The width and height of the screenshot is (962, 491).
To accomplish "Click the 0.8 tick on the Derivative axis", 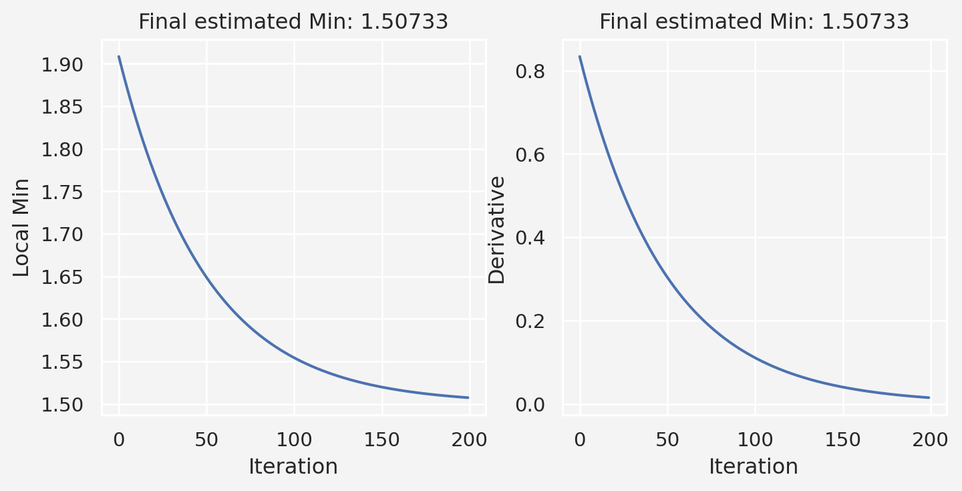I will coord(530,71).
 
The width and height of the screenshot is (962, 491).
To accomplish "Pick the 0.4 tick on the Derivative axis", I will coord(530,238).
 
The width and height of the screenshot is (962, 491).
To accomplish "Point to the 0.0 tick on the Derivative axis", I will coord(530,405).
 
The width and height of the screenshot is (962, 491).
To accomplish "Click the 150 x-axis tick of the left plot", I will coord(382,440).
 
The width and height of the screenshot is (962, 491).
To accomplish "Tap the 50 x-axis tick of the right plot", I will coord(667,440).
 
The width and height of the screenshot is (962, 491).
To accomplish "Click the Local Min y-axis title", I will coord(22,227).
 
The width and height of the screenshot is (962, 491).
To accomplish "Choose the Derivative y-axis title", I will coord(496,229).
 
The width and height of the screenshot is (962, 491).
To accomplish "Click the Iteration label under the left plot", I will coord(293,466).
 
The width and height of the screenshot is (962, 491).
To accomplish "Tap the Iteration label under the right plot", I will coord(754,466).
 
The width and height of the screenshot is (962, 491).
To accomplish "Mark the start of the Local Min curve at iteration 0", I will coord(119,56).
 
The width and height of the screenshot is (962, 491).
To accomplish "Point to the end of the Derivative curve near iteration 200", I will coord(929,397).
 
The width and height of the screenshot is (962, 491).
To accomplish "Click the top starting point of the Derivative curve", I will coord(579,56).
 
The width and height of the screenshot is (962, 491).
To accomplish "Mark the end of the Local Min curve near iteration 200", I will coord(468,397).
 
